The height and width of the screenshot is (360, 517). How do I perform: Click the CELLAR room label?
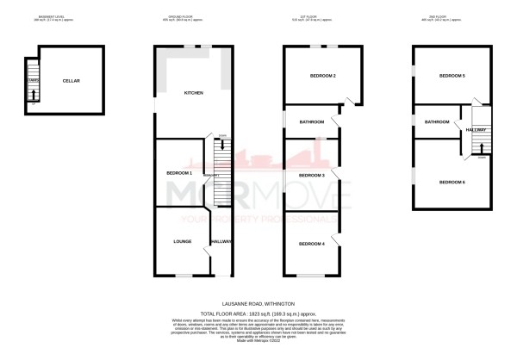[x=71, y=81]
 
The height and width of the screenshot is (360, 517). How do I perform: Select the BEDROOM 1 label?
[x=178, y=173]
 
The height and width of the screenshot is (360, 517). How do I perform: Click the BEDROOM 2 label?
[x=322, y=77]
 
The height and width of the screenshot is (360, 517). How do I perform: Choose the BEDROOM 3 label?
[x=310, y=175]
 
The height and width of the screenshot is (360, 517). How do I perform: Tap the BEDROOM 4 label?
[x=310, y=244]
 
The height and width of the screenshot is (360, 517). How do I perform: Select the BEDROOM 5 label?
[x=452, y=77]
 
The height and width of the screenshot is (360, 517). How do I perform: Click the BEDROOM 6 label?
[x=452, y=182]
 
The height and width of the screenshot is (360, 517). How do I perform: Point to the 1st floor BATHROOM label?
[x=311, y=122]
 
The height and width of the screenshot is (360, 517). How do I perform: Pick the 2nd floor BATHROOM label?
[x=437, y=122]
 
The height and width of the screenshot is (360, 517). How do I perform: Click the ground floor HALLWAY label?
[x=221, y=242]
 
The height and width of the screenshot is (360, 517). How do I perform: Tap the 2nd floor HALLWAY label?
[x=477, y=130]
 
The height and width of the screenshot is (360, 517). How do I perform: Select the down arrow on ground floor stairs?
[x=222, y=145]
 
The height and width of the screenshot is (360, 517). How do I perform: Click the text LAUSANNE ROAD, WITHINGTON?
[x=258, y=304]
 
